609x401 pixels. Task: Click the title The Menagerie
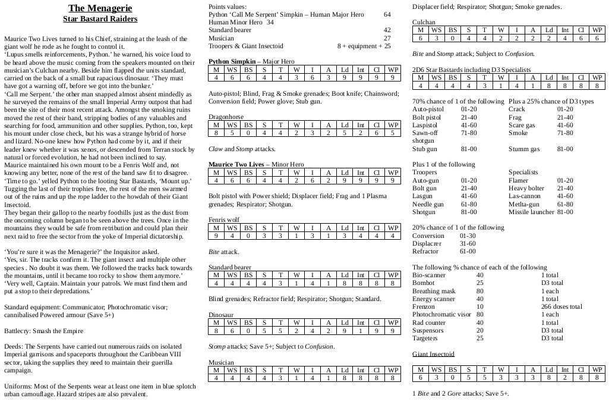pyautogui.click(x=100, y=8)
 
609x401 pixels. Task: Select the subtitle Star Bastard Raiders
pyautogui.click(x=100, y=19)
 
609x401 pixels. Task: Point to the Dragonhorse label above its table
pyautogui.click(x=226, y=117)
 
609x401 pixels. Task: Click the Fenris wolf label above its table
pyautogui.click(x=224, y=220)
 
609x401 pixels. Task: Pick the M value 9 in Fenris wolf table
pyautogui.click(x=216, y=236)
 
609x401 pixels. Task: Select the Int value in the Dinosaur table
pyautogui.click(x=361, y=330)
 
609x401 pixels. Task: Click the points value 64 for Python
pyautogui.click(x=387, y=14)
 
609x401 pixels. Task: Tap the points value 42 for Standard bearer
pyautogui.click(x=387, y=30)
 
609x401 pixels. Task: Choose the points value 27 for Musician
pyautogui.click(x=387, y=38)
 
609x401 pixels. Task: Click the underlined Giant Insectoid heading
pyautogui.click(x=433, y=354)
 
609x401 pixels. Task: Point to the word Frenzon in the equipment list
pyautogui.click(x=424, y=306)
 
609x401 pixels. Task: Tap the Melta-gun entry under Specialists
pyautogui.click(x=524, y=204)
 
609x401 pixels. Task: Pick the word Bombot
pyautogui.click(x=424, y=283)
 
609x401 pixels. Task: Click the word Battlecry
pyautogui.click(x=18, y=330)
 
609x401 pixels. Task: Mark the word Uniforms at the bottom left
pyautogui.click(x=18, y=386)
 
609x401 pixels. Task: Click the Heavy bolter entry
pyautogui.click(x=527, y=188)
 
